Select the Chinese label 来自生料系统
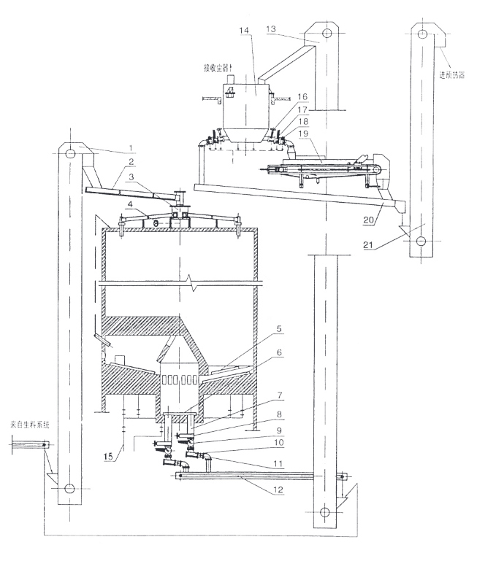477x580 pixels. tap(28, 424)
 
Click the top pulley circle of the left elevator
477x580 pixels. tap(69, 154)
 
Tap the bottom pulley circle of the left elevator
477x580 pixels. tap(69, 489)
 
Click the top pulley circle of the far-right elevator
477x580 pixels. tap(421, 33)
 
